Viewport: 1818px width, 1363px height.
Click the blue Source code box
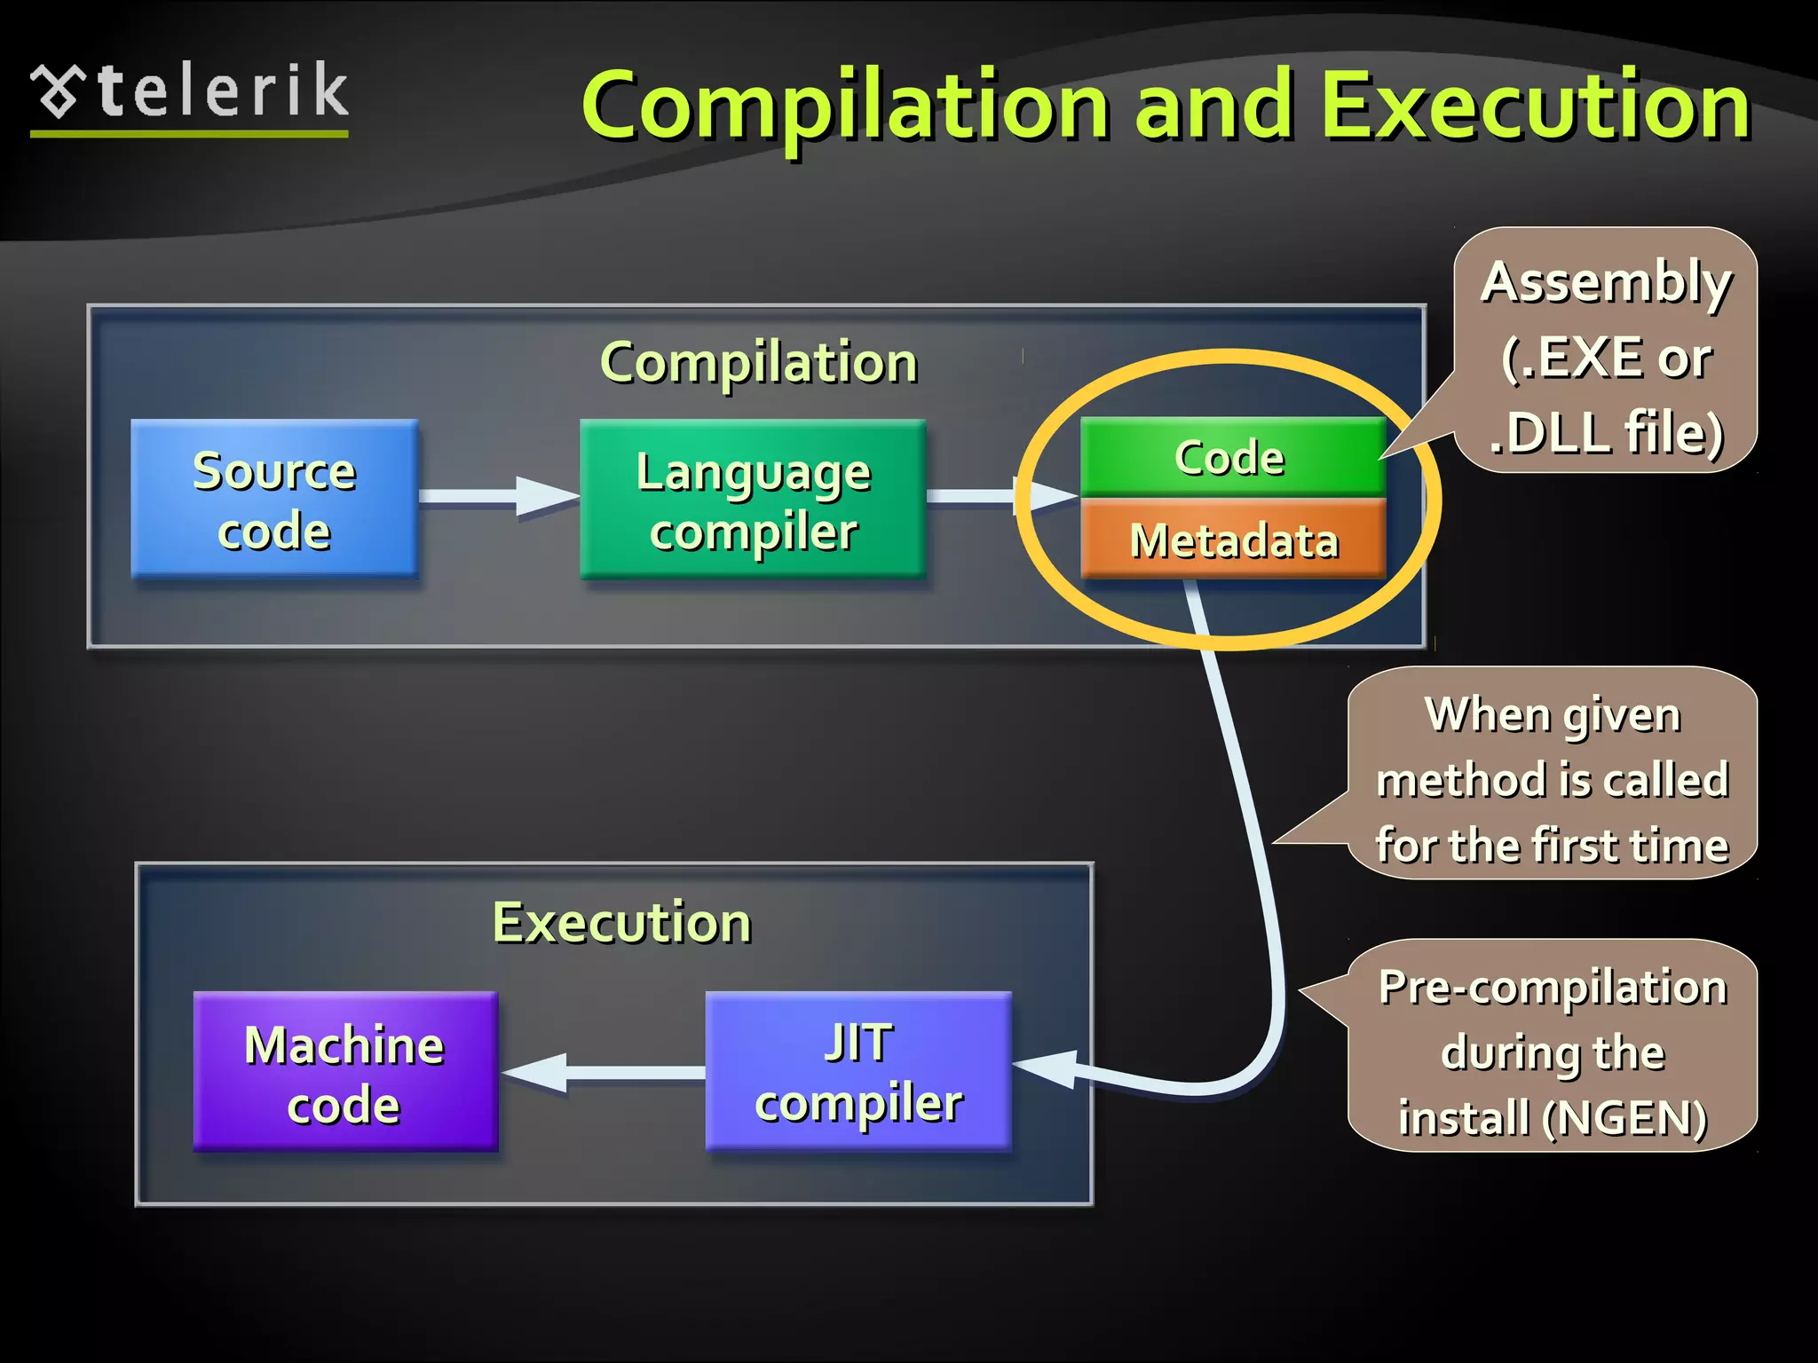tap(273, 499)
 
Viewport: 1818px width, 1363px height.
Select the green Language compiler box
tap(753, 499)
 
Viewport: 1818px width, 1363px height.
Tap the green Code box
tap(1232, 457)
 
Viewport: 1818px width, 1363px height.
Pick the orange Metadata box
tap(1232, 540)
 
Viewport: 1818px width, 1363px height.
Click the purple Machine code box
tap(344, 1071)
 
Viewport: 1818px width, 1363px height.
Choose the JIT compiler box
tap(858, 1071)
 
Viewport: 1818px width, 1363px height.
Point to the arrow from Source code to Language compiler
tap(497, 496)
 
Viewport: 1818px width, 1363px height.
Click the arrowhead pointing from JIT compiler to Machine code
tap(537, 1072)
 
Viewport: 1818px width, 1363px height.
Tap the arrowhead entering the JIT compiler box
tap(1047, 1068)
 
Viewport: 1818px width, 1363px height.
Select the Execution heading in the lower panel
tap(621, 923)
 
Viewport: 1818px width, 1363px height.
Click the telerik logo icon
tap(59, 91)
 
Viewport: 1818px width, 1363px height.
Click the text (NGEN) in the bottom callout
tap(1624, 1118)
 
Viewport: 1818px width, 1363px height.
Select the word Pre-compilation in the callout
tap(1553, 987)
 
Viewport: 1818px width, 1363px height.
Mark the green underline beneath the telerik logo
tap(188, 134)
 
